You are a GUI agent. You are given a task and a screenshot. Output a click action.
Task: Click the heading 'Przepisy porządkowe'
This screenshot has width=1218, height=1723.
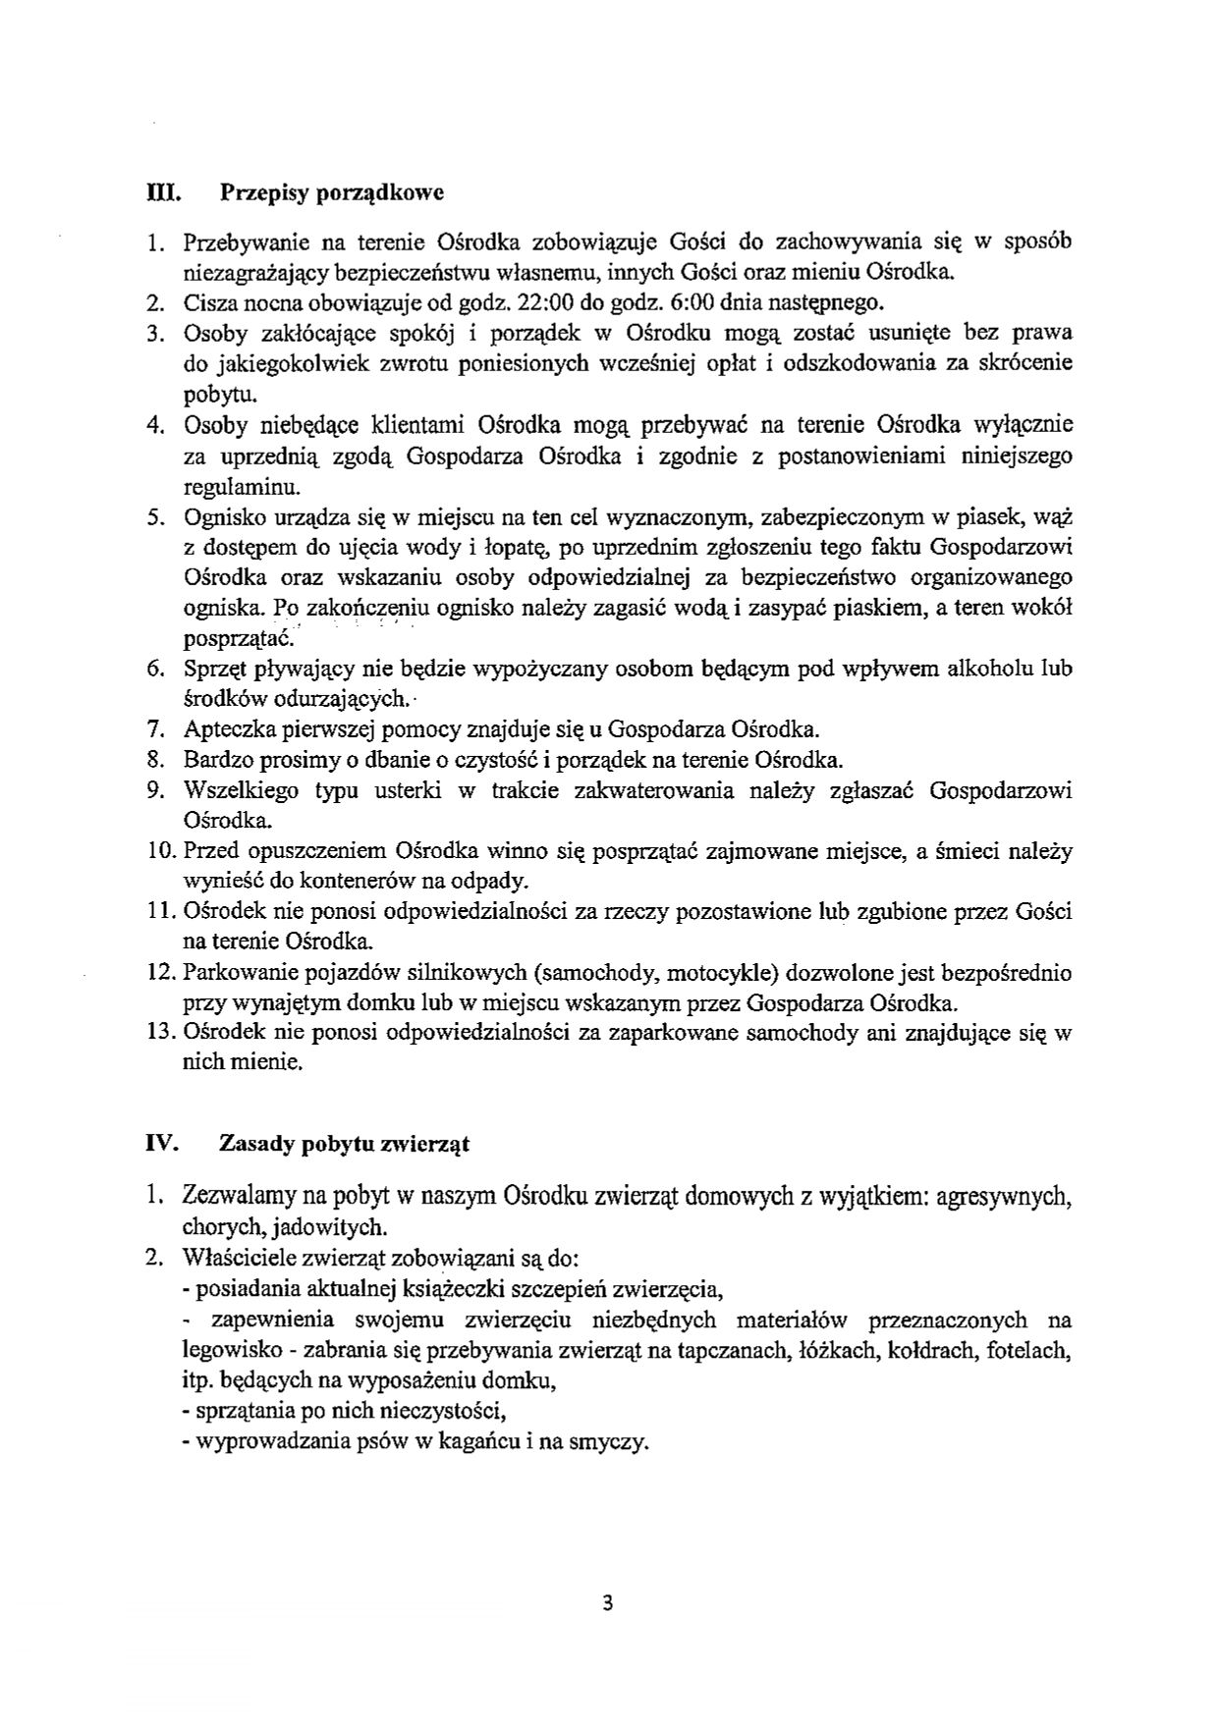coord(332,192)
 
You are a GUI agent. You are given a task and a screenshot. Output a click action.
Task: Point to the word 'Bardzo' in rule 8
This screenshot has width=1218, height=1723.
coord(211,761)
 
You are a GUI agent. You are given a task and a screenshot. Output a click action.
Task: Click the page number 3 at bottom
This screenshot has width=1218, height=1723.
coord(607,1604)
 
